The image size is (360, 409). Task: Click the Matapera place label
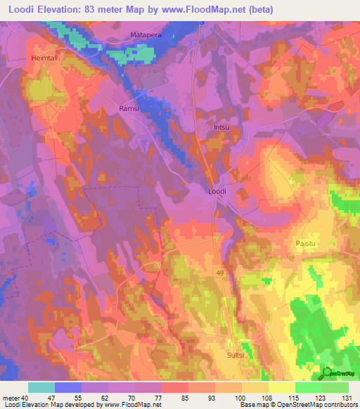pos(146,34)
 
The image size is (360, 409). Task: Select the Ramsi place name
pos(130,108)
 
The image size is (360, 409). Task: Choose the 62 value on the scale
pos(108,397)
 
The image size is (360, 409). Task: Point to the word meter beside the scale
pos(12,397)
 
